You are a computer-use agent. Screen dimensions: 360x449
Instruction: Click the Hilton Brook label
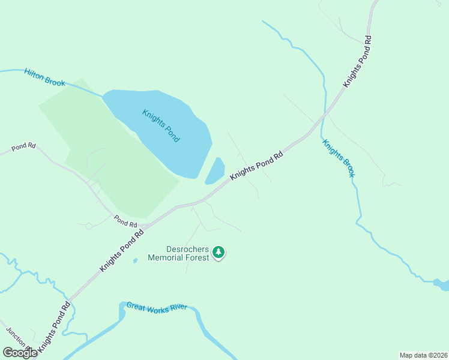point(45,77)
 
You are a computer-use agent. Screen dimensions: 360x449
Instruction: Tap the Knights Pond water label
point(161,125)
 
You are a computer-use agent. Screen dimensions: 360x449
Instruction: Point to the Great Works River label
point(157,307)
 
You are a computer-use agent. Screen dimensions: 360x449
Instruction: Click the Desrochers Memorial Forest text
point(187,253)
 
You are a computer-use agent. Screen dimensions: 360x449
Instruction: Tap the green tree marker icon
point(219,253)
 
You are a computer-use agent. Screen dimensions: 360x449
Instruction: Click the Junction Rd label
point(18,340)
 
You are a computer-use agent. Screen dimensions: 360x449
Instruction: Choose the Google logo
point(20,353)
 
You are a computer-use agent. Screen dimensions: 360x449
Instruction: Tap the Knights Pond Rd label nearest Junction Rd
point(53,327)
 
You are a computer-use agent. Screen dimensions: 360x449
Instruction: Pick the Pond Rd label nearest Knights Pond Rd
point(125,221)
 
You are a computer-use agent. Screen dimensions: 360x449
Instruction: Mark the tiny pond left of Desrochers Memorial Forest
point(134,260)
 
